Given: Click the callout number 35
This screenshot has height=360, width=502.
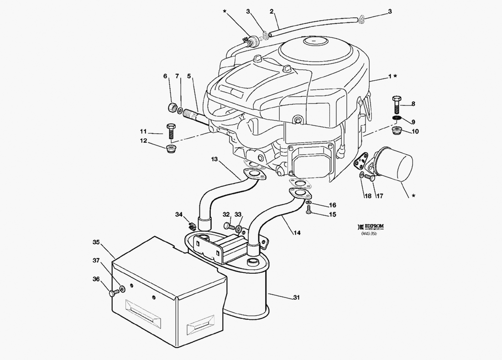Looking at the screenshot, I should pos(96,242).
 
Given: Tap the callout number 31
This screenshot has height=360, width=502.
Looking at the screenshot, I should pos(296,298).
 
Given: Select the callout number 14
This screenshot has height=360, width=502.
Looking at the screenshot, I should pos(297,233).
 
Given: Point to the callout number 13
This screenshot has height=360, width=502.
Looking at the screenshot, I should pos(214,159).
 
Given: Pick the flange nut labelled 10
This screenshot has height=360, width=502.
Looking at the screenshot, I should pos(397,131).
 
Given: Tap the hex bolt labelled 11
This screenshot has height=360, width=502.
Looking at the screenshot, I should pos(171,131).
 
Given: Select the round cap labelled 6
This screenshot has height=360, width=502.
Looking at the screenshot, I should pos(173,108).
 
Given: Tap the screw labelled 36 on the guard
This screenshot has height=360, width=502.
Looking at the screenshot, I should pos(112,293).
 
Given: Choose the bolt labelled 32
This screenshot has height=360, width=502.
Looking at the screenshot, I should pos(228,225).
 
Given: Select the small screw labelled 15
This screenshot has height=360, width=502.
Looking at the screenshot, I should pos(308,209).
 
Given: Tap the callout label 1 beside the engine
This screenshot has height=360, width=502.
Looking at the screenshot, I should pos(389,77).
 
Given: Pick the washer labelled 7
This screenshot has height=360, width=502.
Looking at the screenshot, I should pos(181,110).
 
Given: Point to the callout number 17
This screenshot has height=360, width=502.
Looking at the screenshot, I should pos(379,196).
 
